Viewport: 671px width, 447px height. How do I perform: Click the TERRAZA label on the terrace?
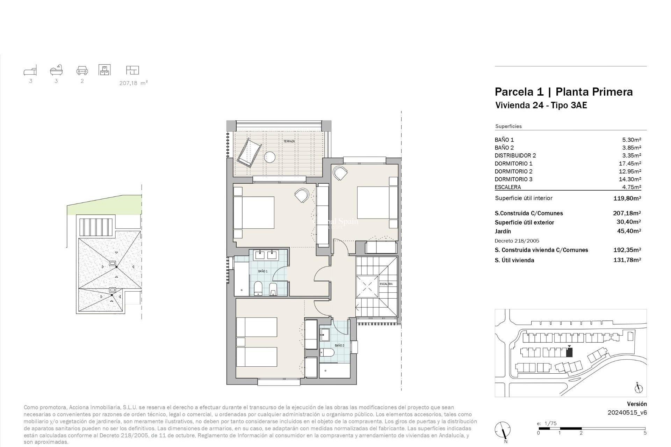pyautogui.click(x=289, y=141)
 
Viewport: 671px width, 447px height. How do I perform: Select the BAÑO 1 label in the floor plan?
pyautogui.click(x=262, y=271)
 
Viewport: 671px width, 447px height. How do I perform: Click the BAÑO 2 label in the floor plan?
pyautogui.click(x=339, y=345)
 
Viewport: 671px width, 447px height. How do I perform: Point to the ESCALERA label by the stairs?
pyautogui.click(x=386, y=284)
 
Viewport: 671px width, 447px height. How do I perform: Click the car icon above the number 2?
pyautogui.click(x=82, y=71)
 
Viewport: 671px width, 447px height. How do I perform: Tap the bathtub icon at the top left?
pyautogui.click(x=56, y=70)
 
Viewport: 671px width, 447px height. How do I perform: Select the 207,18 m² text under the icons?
pyautogui.click(x=134, y=83)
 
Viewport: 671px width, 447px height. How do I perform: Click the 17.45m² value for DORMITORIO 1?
pyautogui.click(x=631, y=163)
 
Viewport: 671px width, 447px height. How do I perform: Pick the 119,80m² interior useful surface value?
pyautogui.click(x=627, y=198)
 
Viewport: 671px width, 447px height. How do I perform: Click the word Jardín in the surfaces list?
pyautogui.click(x=503, y=231)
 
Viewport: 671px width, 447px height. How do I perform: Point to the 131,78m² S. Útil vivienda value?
pyautogui.click(x=627, y=260)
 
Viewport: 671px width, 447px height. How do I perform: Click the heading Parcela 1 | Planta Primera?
pyautogui.click(x=563, y=92)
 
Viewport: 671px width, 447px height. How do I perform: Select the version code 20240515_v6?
pyautogui.click(x=627, y=412)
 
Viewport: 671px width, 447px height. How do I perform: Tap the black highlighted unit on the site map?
pyautogui.click(x=569, y=353)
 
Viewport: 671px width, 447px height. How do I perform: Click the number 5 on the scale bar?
pyautogui.click(x=644, y=433)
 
